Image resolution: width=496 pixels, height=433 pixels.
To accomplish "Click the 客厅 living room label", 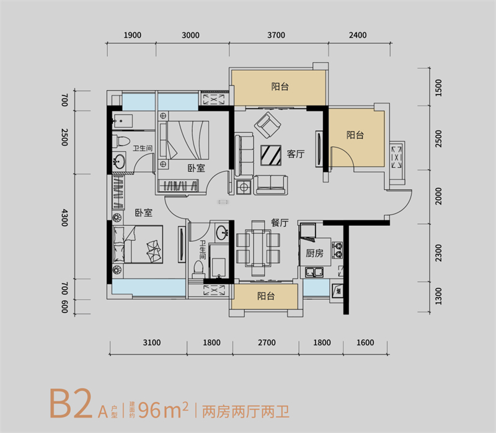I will [x=295, y=154].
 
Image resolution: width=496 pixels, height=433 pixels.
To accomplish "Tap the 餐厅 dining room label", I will [x=280, y=223].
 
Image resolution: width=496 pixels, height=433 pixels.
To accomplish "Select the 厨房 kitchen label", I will [x=314, y=253].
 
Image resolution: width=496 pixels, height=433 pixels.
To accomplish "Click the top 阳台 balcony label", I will [x=280, y=87].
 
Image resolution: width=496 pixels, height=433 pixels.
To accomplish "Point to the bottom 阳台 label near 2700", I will [x=265, y=297].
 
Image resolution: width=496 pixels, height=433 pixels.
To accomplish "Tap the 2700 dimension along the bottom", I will [x=266, y=342].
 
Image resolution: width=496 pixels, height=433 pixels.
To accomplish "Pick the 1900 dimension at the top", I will [x=133, y=35].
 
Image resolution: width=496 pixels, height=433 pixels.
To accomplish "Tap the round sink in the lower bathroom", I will [x=223, y=233].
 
